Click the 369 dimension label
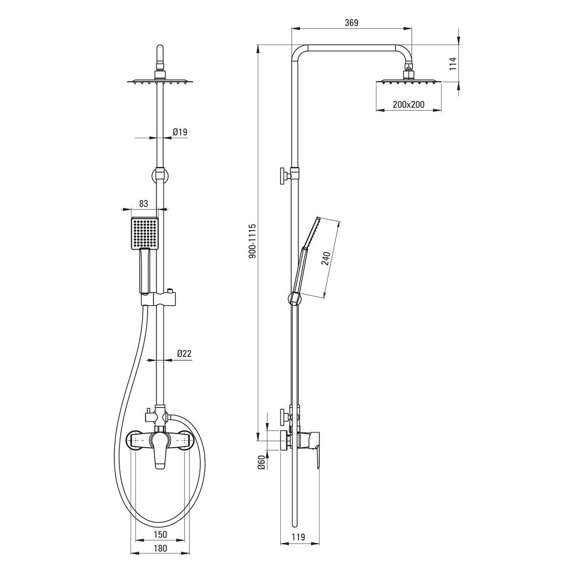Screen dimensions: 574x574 pos(352,22)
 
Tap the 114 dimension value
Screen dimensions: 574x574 pos(453,64)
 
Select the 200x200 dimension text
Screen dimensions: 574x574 pos(408,105)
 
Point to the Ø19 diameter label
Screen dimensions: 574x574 pos(180,132)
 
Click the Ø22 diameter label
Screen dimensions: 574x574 pos(184,353)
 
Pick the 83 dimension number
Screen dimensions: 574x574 pos(143,203)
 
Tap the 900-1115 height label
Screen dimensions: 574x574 pos(252,241)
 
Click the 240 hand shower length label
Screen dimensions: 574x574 pos(326,258)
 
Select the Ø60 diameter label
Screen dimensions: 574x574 pos(261,463)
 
